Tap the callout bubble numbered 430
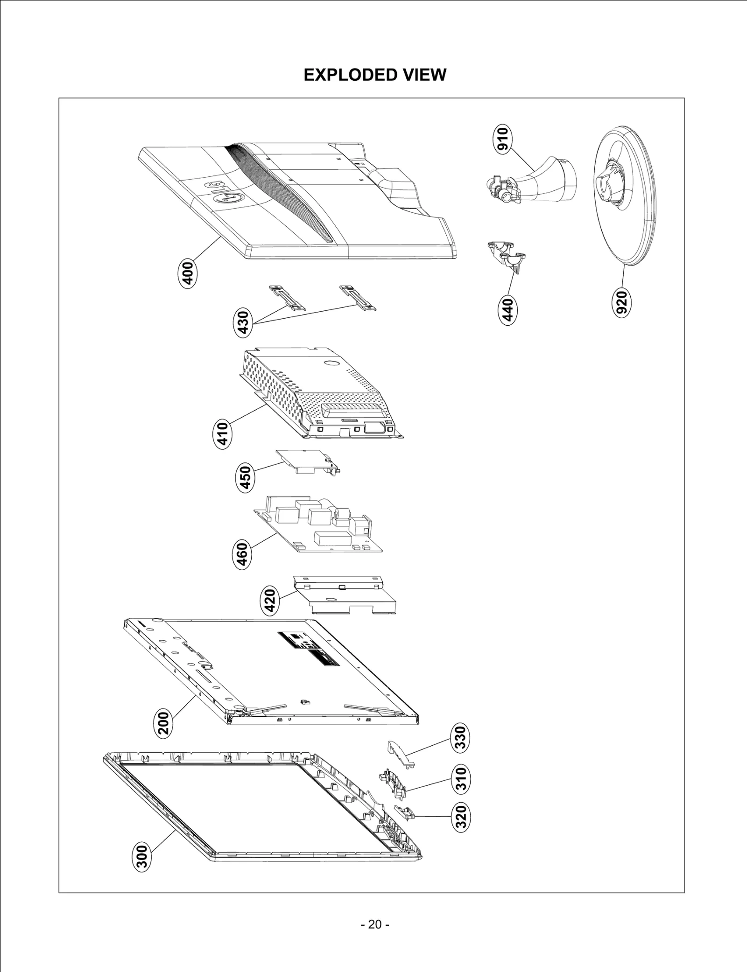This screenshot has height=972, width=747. pos(243,323)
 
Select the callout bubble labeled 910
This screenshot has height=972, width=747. pos(503,139)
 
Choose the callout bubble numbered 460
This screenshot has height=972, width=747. pos(242,554)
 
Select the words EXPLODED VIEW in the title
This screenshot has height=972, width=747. pos(374,75)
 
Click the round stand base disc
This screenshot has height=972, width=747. pos(626,219)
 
